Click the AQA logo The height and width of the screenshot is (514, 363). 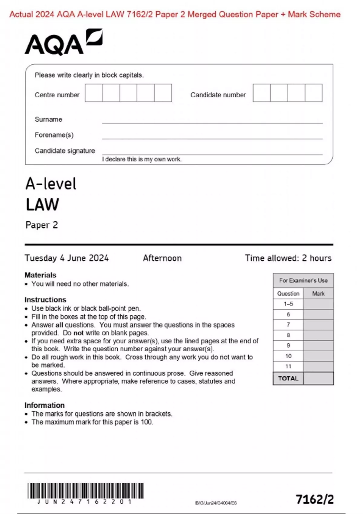[63, 42]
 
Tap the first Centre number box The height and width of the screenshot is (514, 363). [93, 93]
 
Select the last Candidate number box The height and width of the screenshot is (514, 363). [313, 93]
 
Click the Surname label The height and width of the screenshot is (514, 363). [48, 119]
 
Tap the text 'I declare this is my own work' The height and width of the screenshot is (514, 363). [142, 159]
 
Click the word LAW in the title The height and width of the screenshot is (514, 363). [42, 205]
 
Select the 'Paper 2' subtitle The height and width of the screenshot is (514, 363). [42, 225]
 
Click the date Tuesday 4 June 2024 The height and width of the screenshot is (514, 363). [67, 258]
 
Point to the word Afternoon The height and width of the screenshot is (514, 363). [162, 258]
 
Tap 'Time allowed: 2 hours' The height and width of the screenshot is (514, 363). [288, 258]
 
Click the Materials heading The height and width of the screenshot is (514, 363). [40, 275]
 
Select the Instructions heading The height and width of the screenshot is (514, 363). [45, 300]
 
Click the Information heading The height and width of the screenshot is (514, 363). [44, 405]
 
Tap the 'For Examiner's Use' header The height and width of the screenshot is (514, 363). [303, 280]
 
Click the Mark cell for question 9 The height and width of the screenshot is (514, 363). [318, 346]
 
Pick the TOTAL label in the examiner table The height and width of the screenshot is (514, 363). [288, 378]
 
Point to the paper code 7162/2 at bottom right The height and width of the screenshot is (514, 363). [315, 499]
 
